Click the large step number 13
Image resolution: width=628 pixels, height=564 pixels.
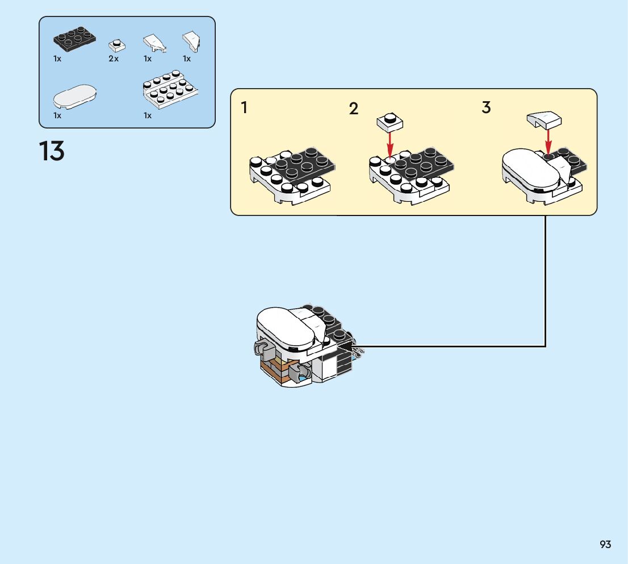click(52, 151)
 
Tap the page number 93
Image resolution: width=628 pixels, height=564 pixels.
click(605, 545)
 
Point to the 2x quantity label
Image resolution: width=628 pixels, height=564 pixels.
click(114, 59)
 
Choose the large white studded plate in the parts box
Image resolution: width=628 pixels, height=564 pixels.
click(171, 89)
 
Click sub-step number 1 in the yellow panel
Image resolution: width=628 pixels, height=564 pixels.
click(244, 108)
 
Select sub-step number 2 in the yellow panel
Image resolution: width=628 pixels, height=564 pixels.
click(354, 109)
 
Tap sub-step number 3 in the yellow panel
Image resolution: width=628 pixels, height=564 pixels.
click(486, 107)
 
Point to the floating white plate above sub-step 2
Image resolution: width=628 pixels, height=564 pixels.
click(390, 121)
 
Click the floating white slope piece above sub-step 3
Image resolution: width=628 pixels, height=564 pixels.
click(544, 119)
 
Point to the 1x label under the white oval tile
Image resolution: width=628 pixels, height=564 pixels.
click(57, 115)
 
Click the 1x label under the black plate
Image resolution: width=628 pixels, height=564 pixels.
click(57, 59)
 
